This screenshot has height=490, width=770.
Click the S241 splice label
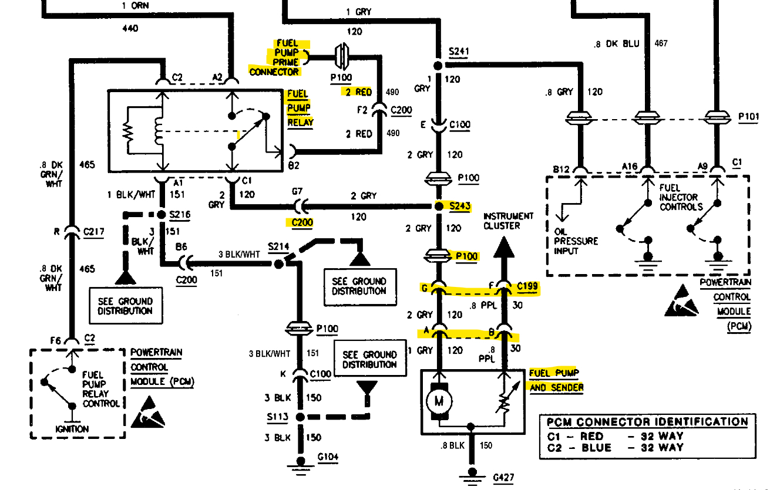(459, 52)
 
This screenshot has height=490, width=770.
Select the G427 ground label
(505, 478)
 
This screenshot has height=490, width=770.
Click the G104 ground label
(328, 457)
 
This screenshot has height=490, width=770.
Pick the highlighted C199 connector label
(527, 287)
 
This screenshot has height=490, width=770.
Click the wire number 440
(131, 28)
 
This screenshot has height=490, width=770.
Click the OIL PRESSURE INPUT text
(576, 241)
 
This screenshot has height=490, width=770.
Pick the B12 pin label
(561, 169)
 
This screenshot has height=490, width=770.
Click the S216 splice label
(180, 215)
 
